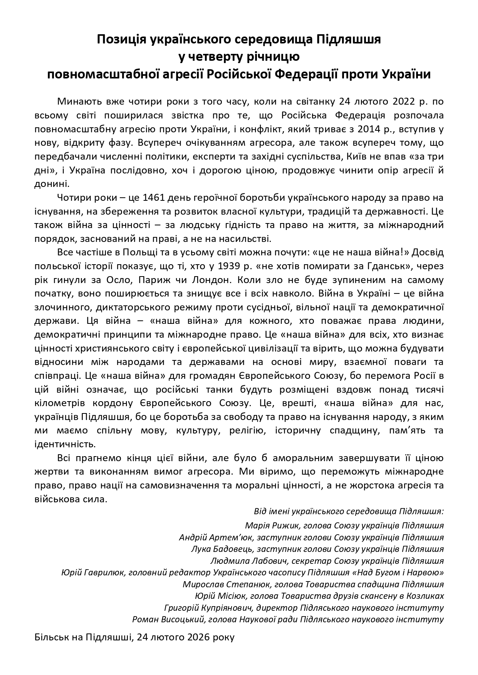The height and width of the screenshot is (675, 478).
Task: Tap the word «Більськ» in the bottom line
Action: click(x=51, y=638)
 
